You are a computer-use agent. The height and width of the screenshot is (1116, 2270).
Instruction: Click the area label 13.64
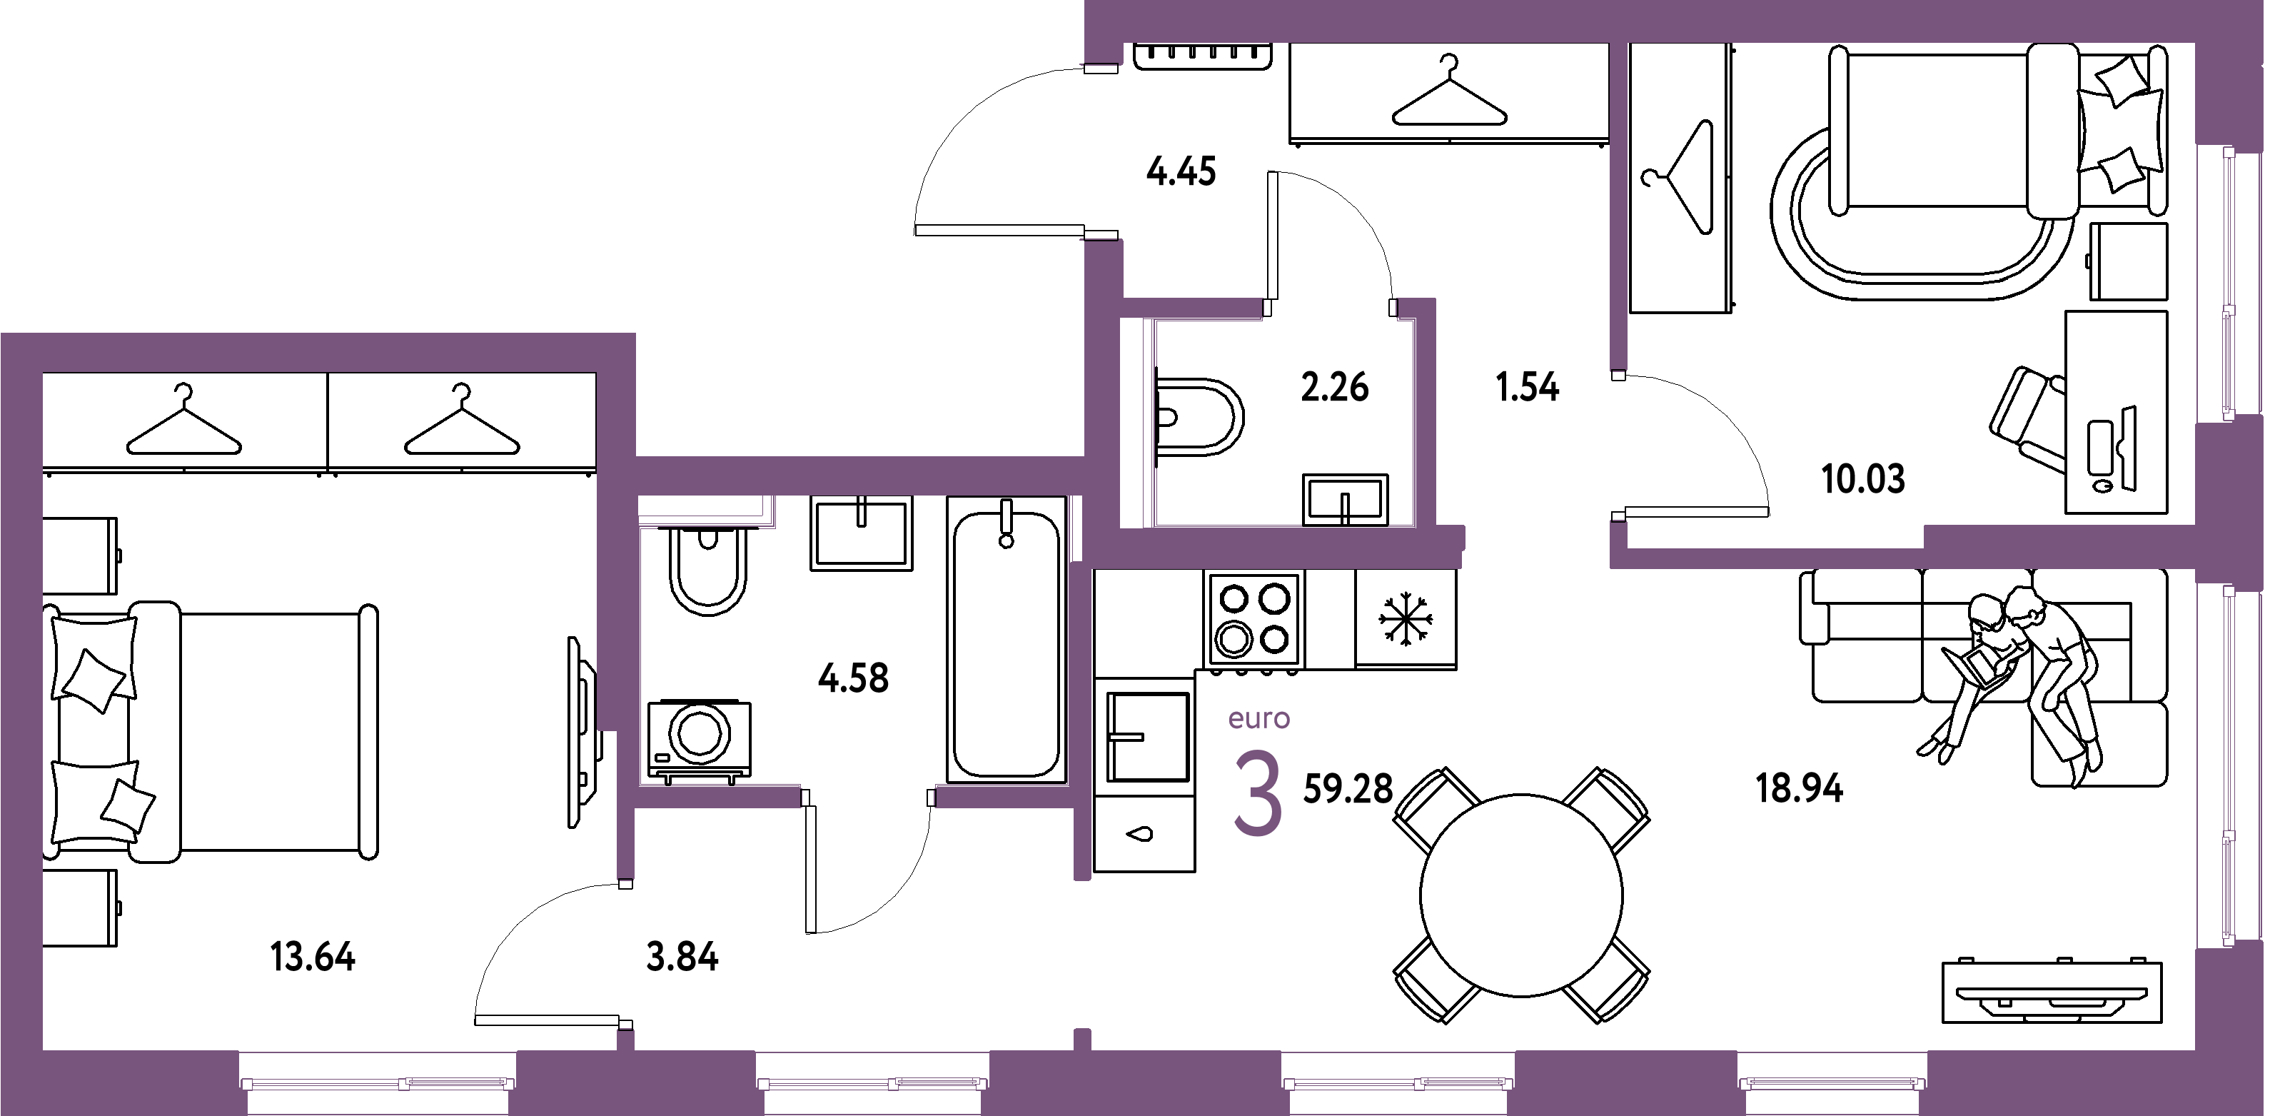[313, 957]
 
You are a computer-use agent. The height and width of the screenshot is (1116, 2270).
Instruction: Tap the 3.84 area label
[682, 957]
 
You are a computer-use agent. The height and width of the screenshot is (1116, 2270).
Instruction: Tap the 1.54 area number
[1528, 388]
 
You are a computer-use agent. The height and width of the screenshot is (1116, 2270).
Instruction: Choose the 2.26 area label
[1335, 388]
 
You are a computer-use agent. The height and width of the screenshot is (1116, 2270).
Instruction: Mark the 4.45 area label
[1181, 172]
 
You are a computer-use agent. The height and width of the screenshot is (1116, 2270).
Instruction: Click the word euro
[1259, 719]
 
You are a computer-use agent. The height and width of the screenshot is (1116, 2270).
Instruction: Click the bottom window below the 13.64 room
[377, 1082]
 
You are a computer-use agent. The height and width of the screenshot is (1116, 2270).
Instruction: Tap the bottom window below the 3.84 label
[872, 1082]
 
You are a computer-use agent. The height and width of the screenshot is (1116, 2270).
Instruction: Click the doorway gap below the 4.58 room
[868, 797]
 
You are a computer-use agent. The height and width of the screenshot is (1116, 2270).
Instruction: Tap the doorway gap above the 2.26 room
[1330, 308]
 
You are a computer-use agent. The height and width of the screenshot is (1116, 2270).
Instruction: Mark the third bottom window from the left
[1398, 1082]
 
